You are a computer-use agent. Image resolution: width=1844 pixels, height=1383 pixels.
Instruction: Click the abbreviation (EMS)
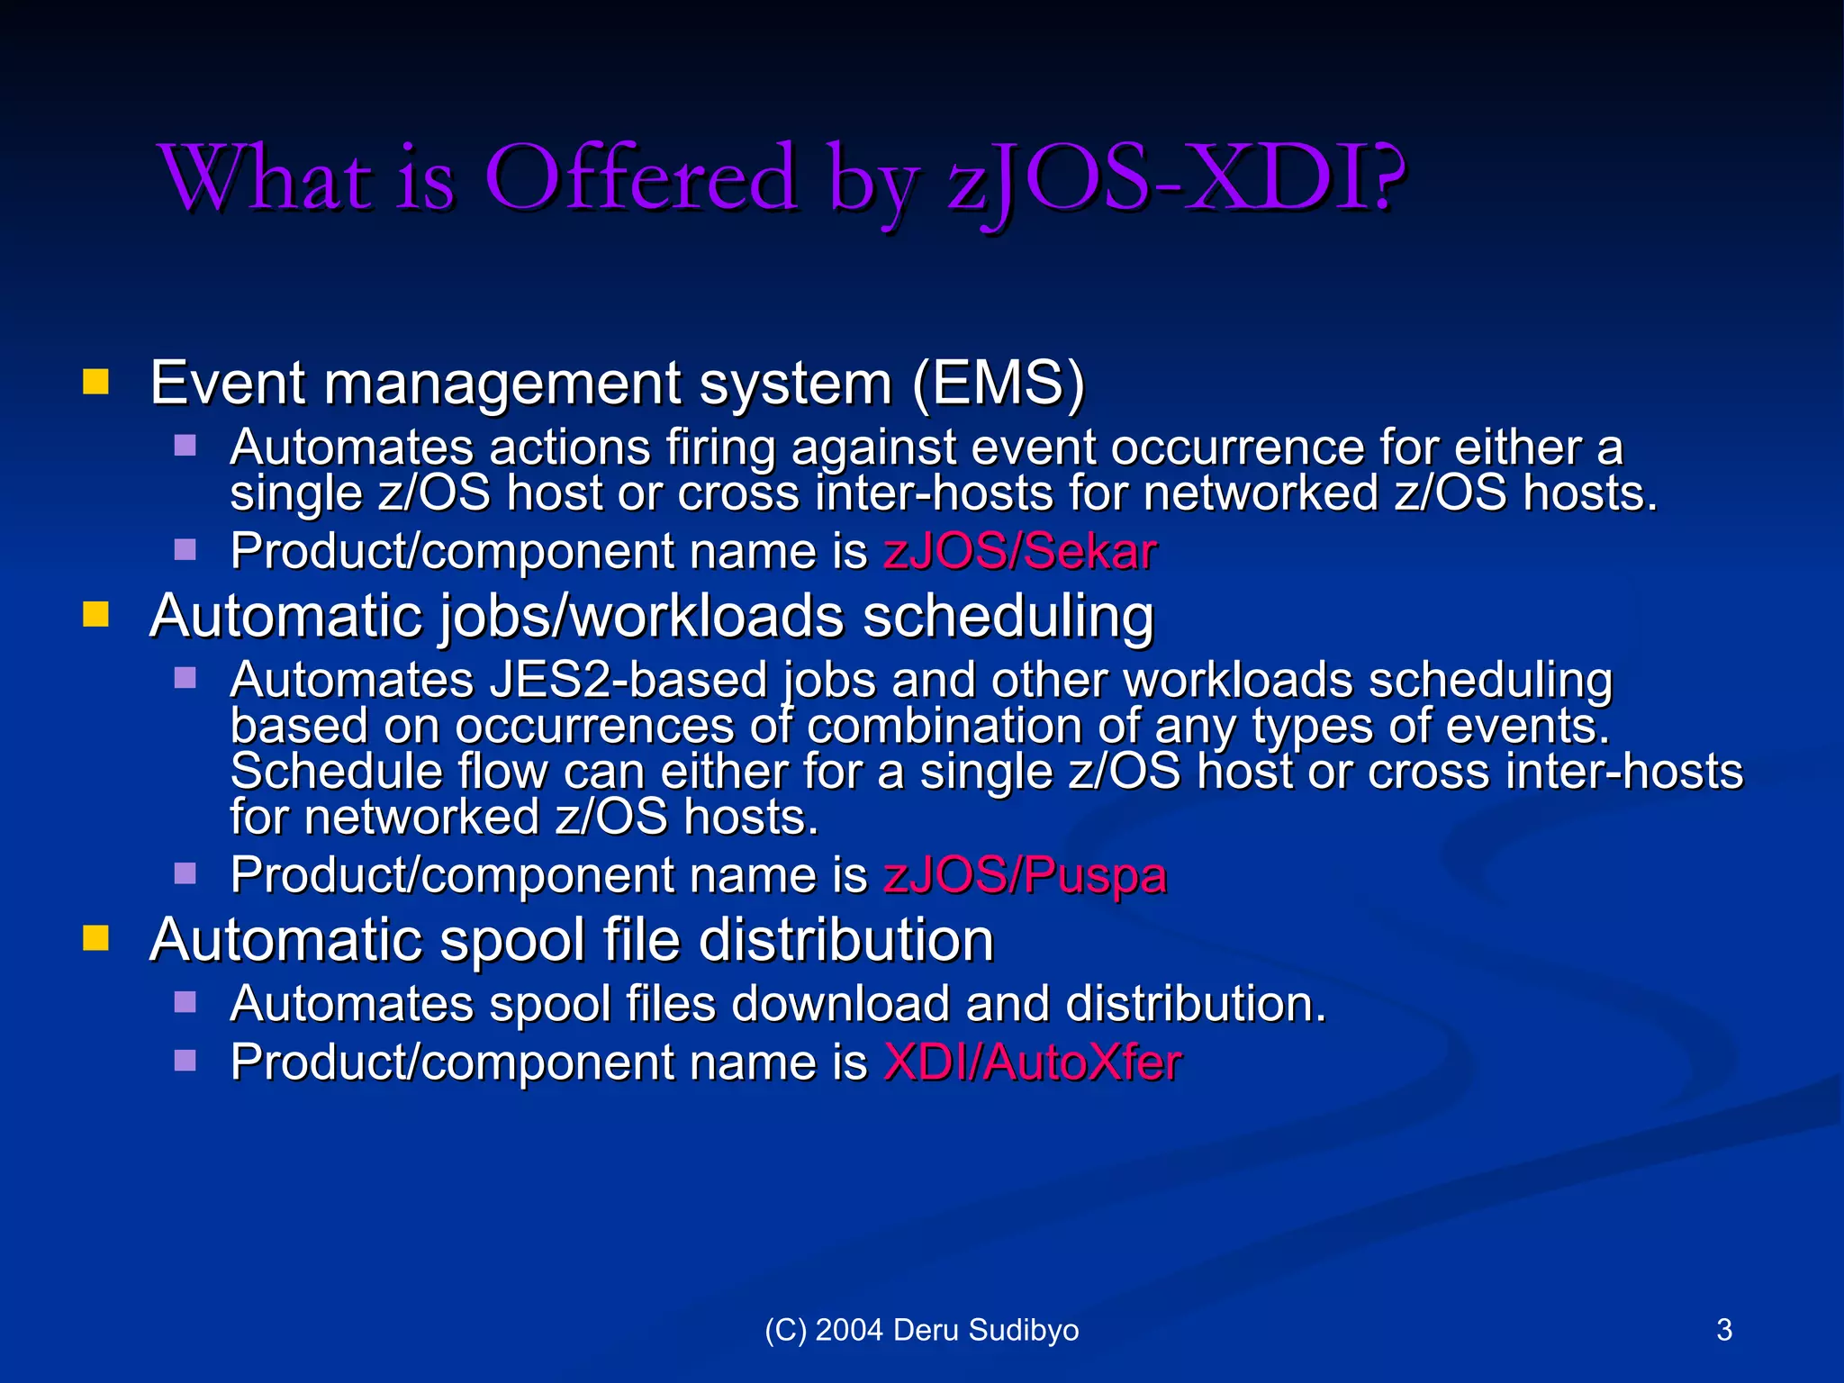tap(999, 384)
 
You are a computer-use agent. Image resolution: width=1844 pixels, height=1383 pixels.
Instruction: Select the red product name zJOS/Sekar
tap(1020, 551)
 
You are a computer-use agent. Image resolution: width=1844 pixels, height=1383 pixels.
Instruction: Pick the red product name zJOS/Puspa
tap(1026, 874)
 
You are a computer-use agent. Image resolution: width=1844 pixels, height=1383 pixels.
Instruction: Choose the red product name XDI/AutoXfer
tap(1033, 1062)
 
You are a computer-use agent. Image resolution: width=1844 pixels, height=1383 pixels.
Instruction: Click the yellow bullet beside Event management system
tap(95, 382)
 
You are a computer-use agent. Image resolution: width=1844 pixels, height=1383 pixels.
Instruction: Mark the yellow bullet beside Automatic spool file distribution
tap(95, 938)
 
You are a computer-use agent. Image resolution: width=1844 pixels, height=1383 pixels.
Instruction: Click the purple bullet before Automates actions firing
tap(185, 446)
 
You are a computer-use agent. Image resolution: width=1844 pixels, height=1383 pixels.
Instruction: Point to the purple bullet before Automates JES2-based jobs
tap(185, 678)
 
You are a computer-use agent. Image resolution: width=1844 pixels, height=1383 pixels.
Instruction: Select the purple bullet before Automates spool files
tap(185, 1002)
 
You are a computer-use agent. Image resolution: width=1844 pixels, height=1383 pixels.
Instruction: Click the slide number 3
tap(1724, 1330)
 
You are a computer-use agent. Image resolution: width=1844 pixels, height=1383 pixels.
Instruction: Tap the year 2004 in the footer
tap(849, 1330)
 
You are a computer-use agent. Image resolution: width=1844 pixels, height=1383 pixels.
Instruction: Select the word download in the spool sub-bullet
tap(840, 1004)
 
